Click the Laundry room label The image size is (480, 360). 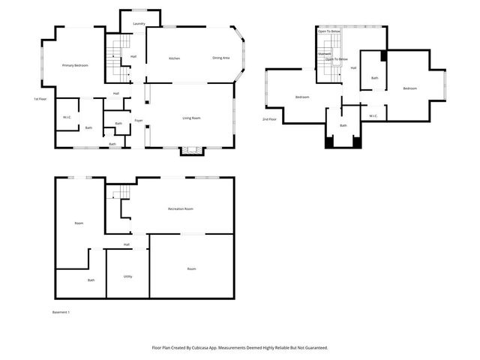(x=139, y=24)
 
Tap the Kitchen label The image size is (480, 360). (x=174, y=58)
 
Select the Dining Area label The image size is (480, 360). (x=220, y=58)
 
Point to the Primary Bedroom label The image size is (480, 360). (x=75, y=66)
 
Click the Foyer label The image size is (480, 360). (x=139, y=120)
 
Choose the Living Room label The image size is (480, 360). (x=191, y=118)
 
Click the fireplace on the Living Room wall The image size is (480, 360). (x=192, y=150)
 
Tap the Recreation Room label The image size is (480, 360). (x=181, y=208)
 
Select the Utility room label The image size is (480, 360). (x=127, y=276)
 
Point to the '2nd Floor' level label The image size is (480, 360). (x=268, y=119)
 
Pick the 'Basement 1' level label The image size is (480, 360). (x=61, y=312)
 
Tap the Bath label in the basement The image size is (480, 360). (x=91, y=280)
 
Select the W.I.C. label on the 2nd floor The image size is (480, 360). (x=373, y=115)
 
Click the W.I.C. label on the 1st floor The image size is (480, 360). (x=67, y=117)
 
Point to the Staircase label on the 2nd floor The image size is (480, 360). (x=325, y=54)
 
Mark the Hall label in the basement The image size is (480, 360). (x=127, y=244)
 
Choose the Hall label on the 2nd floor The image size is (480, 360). (x=352, y=68)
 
